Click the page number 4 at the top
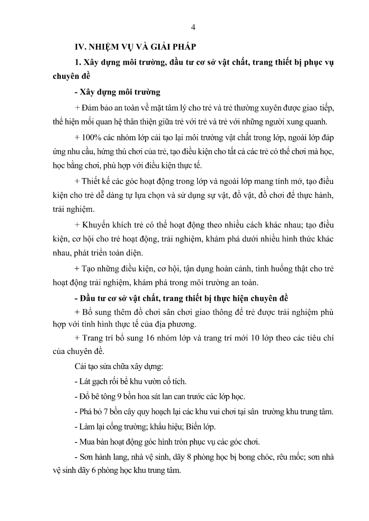pyautogui.click(x=193, y=28)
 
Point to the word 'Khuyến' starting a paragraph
pyautogui.click(x=97, y=225)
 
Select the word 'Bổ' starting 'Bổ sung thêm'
pyautogui.click(x=87, y=311)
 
